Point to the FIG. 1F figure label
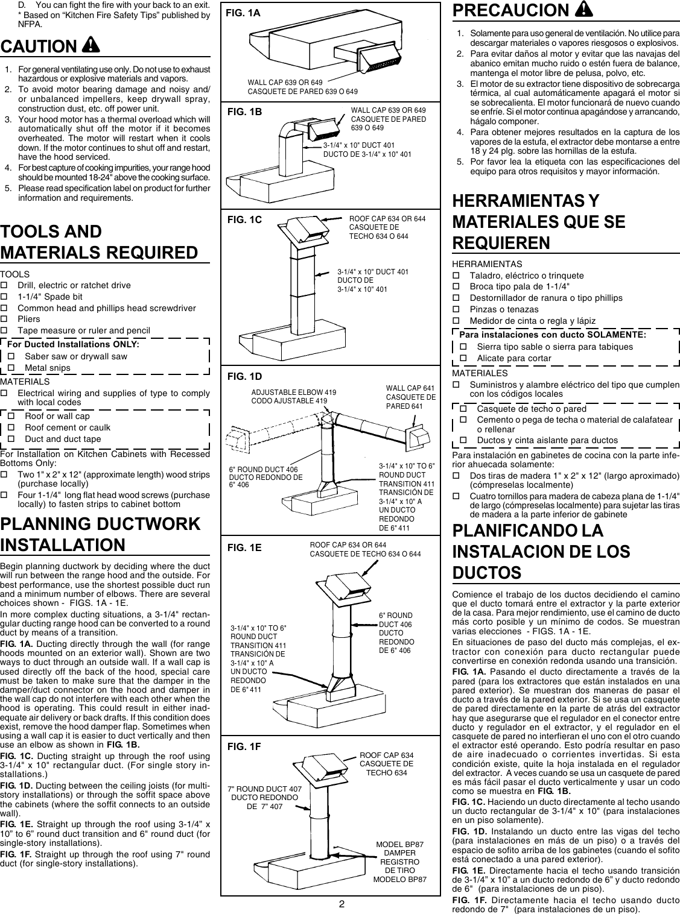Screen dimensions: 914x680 244,746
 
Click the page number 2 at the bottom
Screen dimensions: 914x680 341,904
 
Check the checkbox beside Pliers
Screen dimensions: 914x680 4,319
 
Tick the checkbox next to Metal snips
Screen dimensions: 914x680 11,368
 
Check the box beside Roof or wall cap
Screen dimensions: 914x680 11,416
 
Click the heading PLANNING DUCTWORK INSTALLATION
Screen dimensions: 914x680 100,534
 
